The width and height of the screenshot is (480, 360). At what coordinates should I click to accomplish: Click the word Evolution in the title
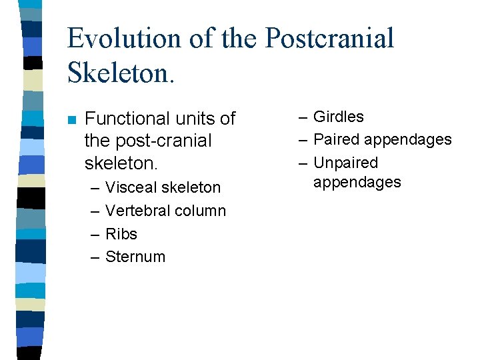pos(123,39)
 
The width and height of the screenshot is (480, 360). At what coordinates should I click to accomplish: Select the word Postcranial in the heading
pos(329,39)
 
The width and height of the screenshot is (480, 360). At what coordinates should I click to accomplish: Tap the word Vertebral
pos(135,211)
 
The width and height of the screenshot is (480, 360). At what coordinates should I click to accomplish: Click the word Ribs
pos(121,234)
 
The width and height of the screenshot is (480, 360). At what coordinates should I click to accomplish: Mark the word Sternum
pos(135,257)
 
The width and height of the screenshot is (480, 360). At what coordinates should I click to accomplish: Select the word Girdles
pos(339,117)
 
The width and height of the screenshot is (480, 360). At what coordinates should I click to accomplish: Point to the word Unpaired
pos(345,163)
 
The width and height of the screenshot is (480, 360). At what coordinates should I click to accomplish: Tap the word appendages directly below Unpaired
pos(357,183)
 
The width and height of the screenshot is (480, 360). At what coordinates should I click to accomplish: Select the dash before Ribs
pos(95,234)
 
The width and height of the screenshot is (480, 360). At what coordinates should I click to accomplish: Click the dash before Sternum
pos(95,257)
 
